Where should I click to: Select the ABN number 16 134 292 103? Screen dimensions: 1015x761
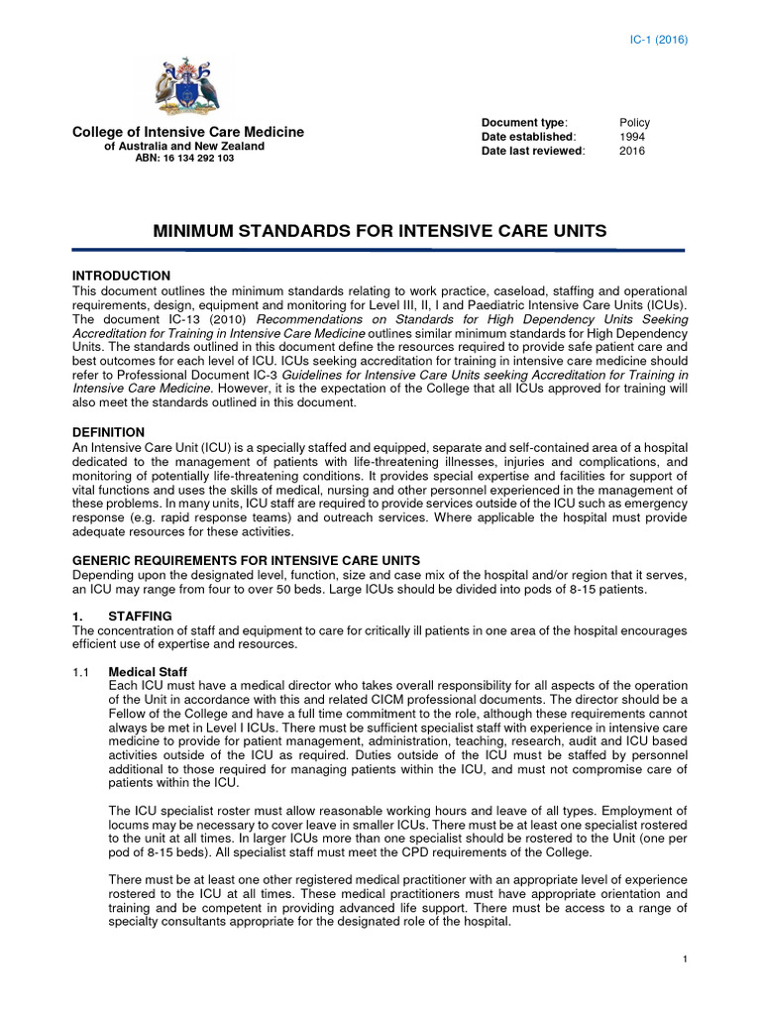pyautogui.click(x=185, y=159)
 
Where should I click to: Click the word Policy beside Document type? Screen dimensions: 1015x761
pyautogui.click(x=634, y=123)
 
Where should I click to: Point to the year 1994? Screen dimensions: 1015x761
pyautogui.click(x=632, y=137)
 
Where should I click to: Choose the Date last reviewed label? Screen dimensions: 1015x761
pyautogui.click(x=533, y=151)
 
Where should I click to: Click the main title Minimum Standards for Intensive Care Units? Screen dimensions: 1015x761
pyautogui.click(x=380, y=232)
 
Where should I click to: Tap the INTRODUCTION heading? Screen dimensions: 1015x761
pyautogui.click(x=122, y=276)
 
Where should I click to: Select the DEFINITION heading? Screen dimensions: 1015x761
pyautogui.click(x=109, y=433)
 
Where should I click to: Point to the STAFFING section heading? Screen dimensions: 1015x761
pyautogui.click(x=141, y=617)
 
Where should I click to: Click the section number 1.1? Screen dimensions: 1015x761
pyautogui.click(x=81, y=672)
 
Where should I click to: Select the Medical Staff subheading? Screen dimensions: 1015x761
pyautogui.click(x=147, y=672)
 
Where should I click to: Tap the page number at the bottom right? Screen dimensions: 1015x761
pyautogui.click(x=685, y=959)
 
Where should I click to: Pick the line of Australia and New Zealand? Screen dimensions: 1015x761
pyautogui.click(x=185, y=146)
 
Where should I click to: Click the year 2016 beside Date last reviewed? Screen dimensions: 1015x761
pyautogui.click(x=632, y=151)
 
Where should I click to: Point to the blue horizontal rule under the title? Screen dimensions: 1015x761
pyautogui.click(x=380, y=251)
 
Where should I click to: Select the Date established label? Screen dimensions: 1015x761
pyautogui.click(x=528, y=137)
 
